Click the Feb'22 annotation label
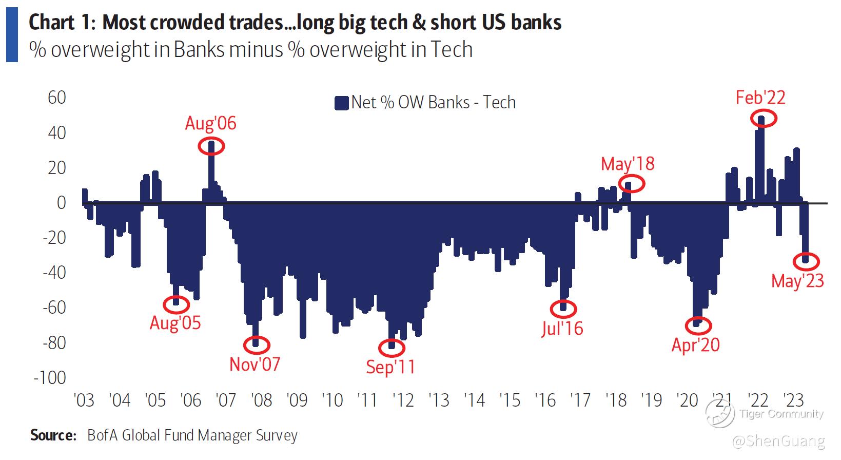pos(760,98)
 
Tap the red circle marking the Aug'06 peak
pos(211,146)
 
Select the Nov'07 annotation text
pos(255,364)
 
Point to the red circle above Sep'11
pos(392,348)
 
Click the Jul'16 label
pos(562,328)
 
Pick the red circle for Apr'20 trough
pos(698,325)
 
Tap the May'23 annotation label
pos(797,281)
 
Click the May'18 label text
pos(628,164)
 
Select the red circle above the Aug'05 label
pos(176,304)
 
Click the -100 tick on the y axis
pos(50,378)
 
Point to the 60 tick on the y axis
pos(56,98)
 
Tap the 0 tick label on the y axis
pos(61,203)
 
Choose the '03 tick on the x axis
pos(84,399)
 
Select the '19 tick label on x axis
pos(652,399)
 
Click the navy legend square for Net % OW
pos(341,103)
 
